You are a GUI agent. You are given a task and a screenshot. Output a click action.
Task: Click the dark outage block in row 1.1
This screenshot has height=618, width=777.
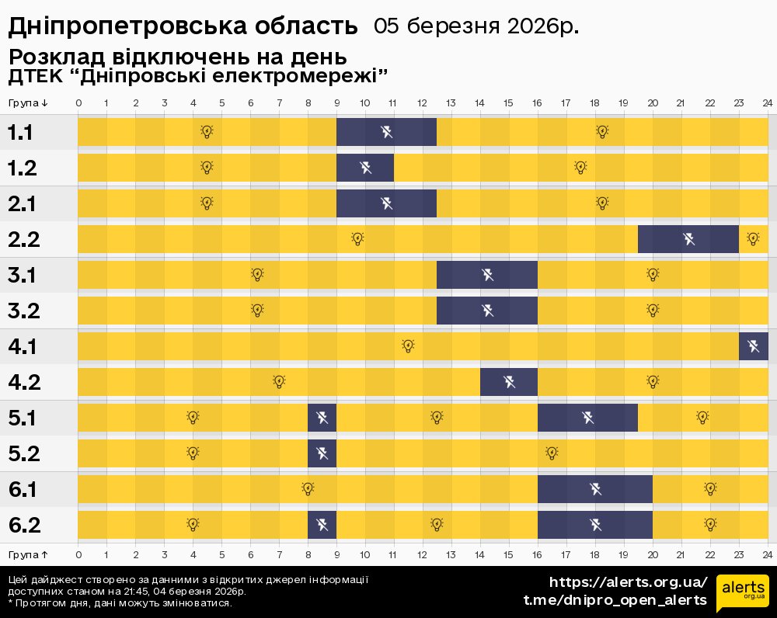click(386, 132)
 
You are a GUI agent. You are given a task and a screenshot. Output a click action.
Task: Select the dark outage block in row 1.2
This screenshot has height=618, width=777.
click(365, 168)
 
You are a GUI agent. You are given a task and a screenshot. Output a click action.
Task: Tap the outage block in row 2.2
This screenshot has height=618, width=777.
click(688, 239)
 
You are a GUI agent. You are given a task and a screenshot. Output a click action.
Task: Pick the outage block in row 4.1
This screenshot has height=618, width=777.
click(753, 346)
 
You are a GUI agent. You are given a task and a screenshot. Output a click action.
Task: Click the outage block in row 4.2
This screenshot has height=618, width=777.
click(509, 382)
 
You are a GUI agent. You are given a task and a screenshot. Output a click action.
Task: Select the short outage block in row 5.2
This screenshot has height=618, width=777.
click(322, 453)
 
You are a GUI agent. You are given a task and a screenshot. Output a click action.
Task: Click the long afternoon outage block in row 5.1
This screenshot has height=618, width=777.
click(587, 418)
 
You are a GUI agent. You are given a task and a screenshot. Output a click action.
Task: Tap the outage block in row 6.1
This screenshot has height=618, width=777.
click(594, 489)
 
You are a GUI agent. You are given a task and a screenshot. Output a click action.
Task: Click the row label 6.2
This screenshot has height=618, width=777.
click(24, 526)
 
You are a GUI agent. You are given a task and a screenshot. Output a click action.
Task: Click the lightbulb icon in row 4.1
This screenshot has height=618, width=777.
click(408, 346)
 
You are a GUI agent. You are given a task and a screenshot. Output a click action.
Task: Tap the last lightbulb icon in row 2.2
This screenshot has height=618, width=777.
click(752, 239)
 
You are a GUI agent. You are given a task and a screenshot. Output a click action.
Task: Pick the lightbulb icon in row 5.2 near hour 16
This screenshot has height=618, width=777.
click(552, 453)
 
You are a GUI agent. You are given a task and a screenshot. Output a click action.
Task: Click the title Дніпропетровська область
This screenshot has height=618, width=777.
click(183, 26)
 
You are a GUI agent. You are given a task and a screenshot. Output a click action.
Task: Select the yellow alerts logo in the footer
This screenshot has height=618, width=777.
click(742, 593)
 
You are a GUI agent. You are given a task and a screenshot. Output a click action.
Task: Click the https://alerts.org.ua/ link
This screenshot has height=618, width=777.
click(628, 582)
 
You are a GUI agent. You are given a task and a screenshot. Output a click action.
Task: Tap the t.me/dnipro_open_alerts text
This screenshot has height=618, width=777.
click(615, 600)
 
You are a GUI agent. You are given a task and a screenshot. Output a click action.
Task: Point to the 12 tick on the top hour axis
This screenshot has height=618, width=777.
click(422, 103)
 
